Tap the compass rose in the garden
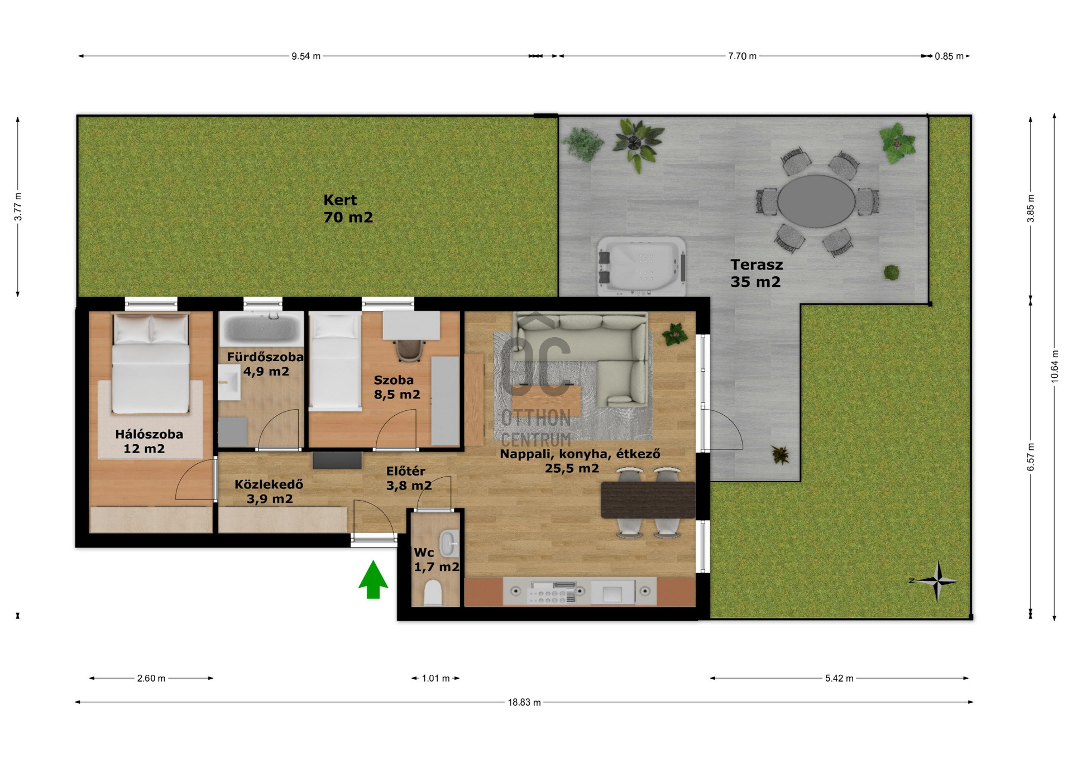(937, 581)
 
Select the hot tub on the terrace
(642, 266)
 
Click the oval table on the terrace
(816, 201)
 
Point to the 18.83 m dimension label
(524, 702)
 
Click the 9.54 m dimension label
(306, 56)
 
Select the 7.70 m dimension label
(742, 56)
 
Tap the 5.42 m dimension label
(839, 678)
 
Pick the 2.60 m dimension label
(151, 678)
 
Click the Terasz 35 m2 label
(757, 273)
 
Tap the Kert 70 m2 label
(348, 208)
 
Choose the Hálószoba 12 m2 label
(149, 441)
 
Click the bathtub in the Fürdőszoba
(261, 329)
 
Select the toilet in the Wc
(433, 593)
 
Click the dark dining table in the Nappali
(648, 500)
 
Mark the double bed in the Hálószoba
(151, 363)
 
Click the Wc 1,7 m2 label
(436, 560)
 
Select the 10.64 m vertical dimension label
(1055, 366)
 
